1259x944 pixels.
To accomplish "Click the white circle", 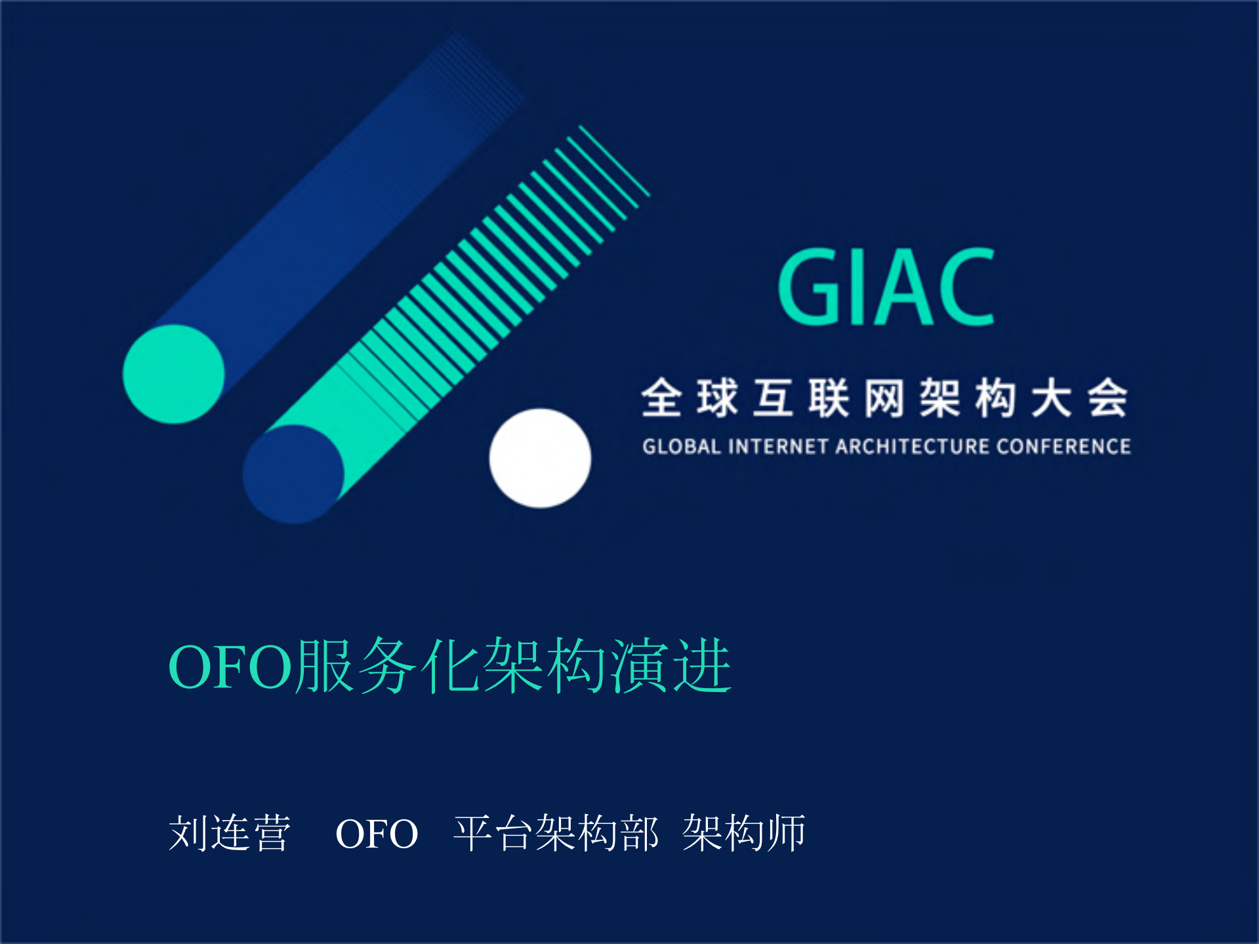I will point(540,458).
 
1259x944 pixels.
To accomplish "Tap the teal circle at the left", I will point(174,374).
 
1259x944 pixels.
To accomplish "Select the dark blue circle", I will point(293,474).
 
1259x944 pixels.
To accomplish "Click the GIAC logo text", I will point(886,287).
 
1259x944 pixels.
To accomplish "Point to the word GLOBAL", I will point(682,447).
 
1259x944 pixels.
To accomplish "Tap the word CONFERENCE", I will point(1063,447).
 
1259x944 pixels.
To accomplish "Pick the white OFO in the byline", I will point(377,834).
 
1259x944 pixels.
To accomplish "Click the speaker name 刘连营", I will point(229,834).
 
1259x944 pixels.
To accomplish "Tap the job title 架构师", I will point(744,834).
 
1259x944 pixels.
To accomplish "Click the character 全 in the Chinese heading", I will point(661,398).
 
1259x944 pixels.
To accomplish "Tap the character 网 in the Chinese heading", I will point(884,398).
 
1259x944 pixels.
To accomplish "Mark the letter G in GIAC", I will point(808,288).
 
